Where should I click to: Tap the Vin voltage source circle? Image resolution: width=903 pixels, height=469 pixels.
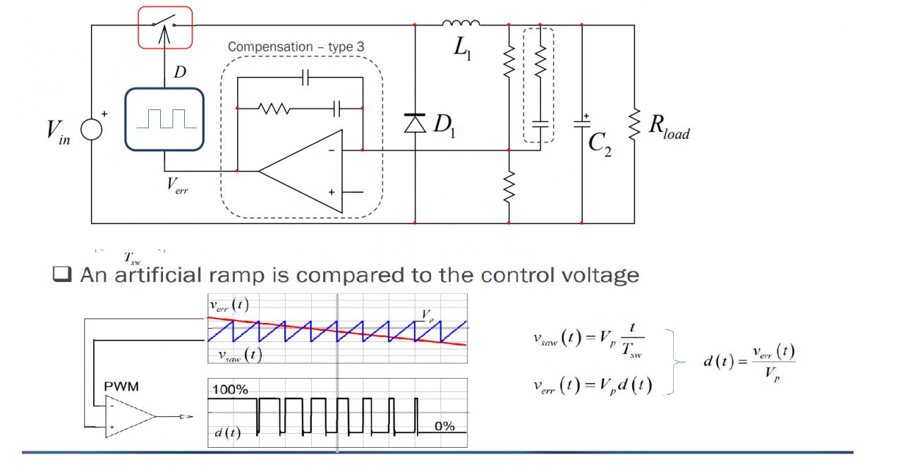[x=92, y=129]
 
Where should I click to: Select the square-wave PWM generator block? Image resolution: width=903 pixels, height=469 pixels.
[x=164, y=119]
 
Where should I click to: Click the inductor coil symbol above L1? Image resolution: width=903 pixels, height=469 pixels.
[x=461, y=23]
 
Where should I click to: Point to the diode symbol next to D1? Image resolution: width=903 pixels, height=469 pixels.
[x=415, y=123]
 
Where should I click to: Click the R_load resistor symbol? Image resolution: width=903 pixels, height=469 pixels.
[x=634, y=124]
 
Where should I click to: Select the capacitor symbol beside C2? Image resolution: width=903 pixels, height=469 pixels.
[x=582, y=124]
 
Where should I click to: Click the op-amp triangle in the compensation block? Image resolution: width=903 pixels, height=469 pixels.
[x=301, y=171]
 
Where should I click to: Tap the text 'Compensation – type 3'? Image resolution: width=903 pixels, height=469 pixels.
[x=296, y=47]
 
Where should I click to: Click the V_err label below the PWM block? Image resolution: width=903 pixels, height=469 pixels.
[x=177, y=185]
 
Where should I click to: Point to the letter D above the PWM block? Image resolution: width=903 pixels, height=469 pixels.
[x=180, y=72]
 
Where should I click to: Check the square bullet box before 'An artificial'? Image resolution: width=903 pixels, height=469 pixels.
[x=62, y=274]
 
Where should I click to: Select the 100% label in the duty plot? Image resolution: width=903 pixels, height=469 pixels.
[x=230, y=389]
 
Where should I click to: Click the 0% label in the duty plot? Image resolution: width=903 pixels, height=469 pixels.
[x=444, y=426]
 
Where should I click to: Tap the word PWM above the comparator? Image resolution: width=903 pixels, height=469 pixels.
[x=121, y=386]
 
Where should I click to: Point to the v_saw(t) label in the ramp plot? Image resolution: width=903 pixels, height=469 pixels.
[x=241, y=355]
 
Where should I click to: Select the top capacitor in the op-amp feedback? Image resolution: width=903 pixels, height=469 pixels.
[x=305, y=77]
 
